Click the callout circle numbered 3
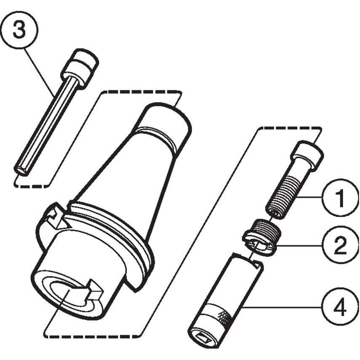[x=19, y=30]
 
